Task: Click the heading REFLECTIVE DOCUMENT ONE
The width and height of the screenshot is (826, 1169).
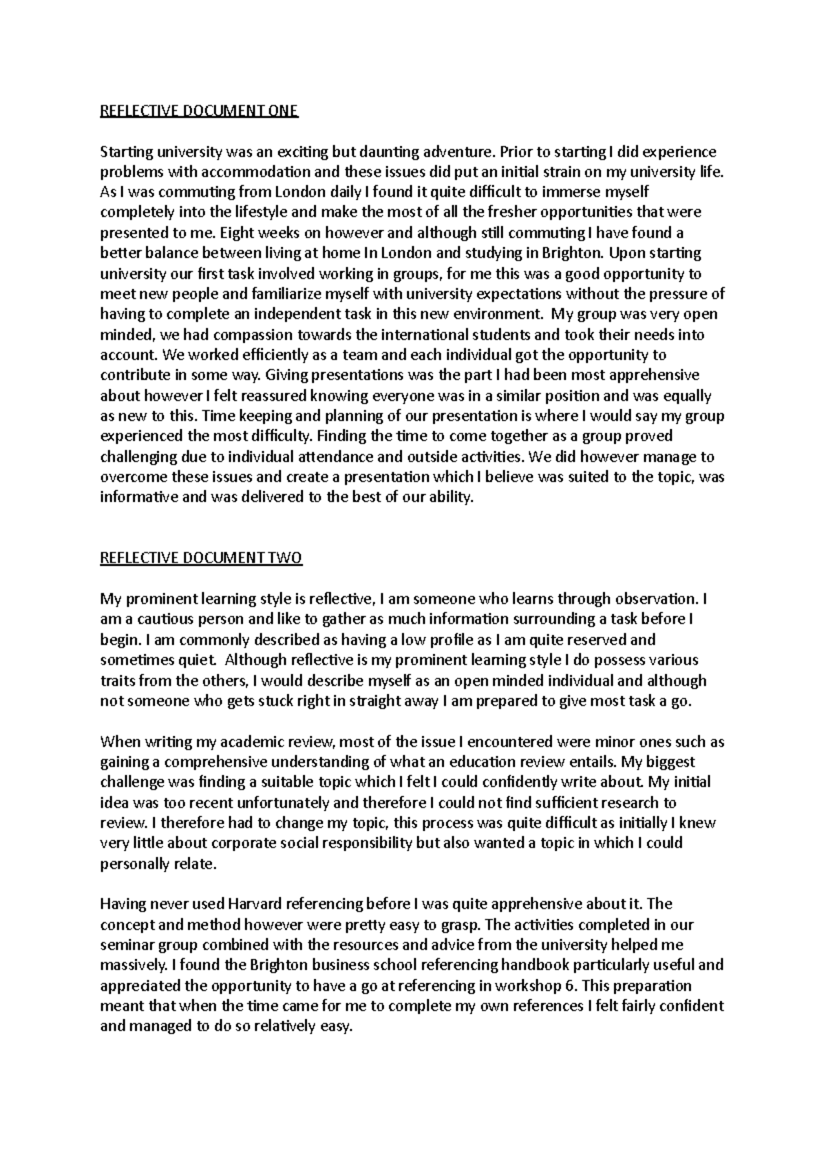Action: (x=199, y=112)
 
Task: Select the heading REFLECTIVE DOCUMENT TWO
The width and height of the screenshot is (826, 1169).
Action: (x=201, y=558)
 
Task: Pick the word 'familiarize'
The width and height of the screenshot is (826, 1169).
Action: (x=293, y=294)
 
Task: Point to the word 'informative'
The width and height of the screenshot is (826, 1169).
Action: (x=139, y=498)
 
